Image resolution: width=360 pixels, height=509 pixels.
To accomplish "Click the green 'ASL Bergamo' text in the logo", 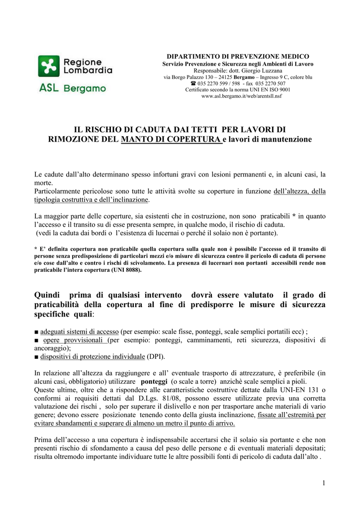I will pyautogui.click(x=72, y=88).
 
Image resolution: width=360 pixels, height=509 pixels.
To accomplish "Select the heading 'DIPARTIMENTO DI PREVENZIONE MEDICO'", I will pyautogui.click(x=238, y=57).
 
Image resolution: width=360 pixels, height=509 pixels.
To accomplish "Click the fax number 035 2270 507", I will pyautogui.click(x=269, y=84).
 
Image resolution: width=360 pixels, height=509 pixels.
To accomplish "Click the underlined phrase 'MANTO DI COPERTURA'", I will pyautogui.click(x=171, y=139).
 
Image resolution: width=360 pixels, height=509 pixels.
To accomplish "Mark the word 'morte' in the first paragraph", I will pyautogui.click(x=43, y=183).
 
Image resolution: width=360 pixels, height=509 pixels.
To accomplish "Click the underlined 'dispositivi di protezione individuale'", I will pyautogui.click(x=92, y=357).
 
